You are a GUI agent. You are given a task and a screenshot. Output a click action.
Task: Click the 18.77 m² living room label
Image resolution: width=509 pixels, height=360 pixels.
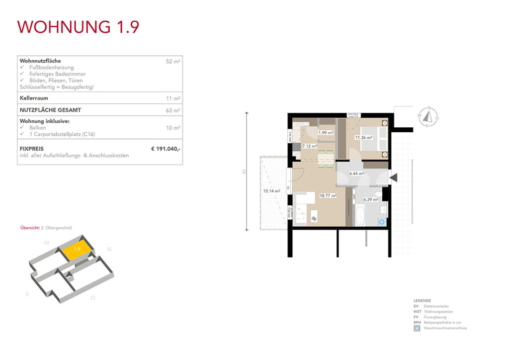tap(328, 196)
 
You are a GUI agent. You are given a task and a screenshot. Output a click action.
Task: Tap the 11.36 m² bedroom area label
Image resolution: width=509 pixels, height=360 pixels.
tap(363, 138)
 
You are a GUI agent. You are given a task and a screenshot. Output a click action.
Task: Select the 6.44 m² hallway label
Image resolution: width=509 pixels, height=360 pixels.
tap(356, 174)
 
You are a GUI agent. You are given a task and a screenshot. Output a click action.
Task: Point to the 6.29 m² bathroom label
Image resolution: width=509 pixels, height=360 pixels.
tap(371, 200)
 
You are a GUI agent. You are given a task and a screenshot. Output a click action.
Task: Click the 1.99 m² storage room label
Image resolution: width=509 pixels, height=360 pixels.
tap(325, 133)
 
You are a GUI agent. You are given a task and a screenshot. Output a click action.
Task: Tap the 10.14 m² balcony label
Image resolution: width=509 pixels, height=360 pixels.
tap(271, 190)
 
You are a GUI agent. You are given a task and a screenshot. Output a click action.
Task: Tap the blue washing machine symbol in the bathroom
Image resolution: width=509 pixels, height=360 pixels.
tap(382, 221)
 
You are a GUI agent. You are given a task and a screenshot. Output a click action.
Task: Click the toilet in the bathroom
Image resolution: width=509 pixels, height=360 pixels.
tap(379, 193)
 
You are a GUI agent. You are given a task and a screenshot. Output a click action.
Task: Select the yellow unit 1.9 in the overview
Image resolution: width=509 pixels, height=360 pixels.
tap(77, 250)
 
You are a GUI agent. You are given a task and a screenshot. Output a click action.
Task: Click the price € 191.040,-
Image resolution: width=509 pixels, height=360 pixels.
tap(166, 149)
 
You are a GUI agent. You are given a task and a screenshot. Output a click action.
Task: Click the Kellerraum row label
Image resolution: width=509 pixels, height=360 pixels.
tap(34, 98)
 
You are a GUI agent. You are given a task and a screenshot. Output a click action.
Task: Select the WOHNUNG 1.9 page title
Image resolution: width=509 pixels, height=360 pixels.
tap(78, 27)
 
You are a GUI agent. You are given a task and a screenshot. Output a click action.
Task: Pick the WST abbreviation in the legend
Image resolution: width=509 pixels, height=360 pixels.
tap(417, 312)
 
